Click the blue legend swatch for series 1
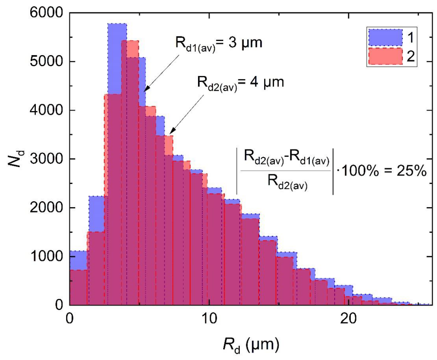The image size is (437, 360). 384,37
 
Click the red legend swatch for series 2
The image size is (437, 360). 384,56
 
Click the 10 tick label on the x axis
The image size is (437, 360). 209,319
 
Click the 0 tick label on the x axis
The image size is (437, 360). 70,319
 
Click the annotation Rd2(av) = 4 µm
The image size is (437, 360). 240,82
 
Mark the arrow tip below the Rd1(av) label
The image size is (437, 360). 143,91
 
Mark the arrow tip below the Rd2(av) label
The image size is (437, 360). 170,134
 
